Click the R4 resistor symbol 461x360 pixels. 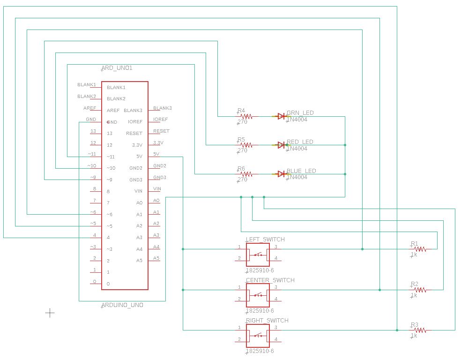click(246, 116)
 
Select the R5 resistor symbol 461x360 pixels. click(246, 145)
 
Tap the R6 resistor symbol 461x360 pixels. click(246, 174)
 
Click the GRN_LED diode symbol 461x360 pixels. click(281, 116)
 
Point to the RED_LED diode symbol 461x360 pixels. click(281, 145)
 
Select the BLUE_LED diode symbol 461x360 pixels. click(281, 174)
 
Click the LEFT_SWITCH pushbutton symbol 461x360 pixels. click(258, 255)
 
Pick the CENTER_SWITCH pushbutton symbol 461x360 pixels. click(258, 295)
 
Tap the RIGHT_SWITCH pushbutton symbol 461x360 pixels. click(258, 336)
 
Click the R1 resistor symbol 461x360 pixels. click(420, 249)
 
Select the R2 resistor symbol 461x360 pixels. click(420, 290)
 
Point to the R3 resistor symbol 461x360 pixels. click(420, 330)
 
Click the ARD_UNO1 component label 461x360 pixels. click(117, 68)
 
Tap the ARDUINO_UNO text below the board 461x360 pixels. click(123, 305)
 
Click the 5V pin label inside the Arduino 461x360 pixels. click(139, 157)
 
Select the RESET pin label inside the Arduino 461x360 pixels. click(134, 134)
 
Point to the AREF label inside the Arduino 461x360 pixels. click(113, 111)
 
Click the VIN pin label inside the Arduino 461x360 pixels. click(138, 191)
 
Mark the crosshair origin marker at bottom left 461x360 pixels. click(50, 313)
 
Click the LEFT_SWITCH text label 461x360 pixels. click(265, 240)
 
